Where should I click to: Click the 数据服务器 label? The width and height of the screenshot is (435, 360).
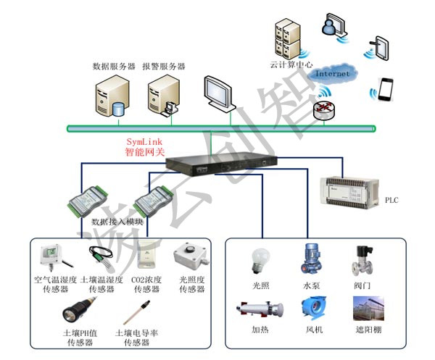114,67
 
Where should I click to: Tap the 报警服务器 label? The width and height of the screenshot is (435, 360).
163,67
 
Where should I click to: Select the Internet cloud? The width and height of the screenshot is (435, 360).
332,74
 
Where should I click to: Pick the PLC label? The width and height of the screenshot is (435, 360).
391,200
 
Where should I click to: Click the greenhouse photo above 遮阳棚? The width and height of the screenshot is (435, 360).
368,309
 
